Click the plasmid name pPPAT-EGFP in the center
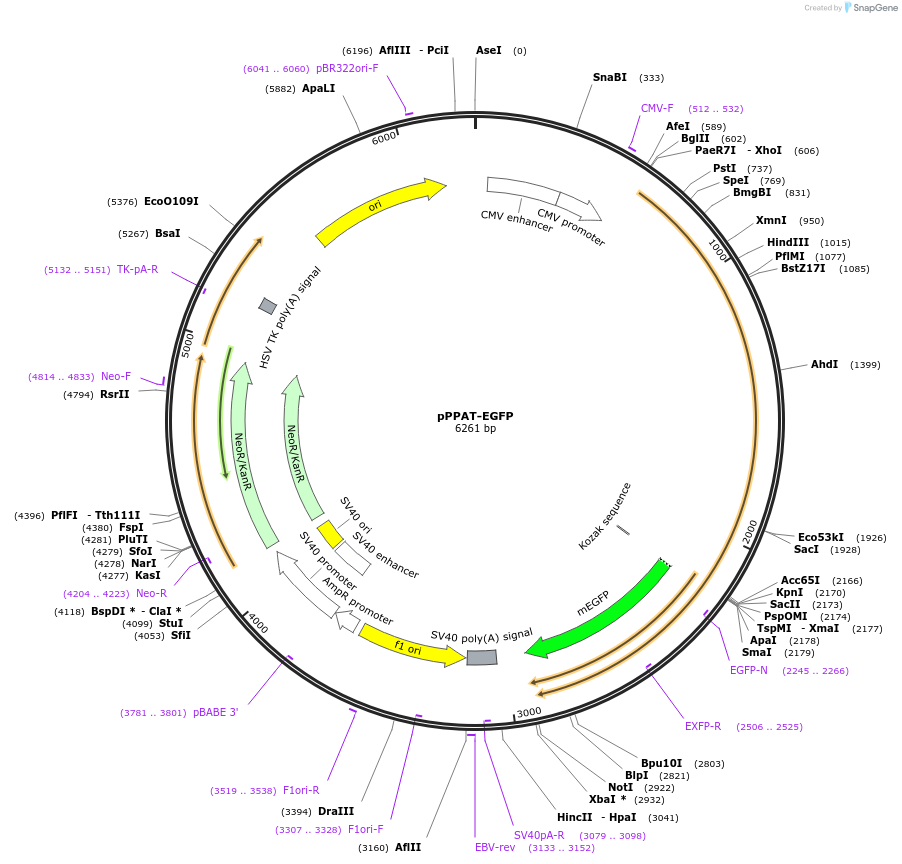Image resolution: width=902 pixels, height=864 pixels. tap(475, 416)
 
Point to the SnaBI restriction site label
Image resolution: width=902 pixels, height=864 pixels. tap(610, 77)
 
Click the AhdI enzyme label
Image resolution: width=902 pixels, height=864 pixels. tap(825, 365)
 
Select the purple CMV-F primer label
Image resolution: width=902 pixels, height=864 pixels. tap(657, 108)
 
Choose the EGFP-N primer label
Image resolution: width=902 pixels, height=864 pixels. tap(749, 670)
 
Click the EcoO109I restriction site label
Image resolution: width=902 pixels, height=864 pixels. tap(171, 201)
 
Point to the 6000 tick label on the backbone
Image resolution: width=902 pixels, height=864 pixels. tap(384, 139)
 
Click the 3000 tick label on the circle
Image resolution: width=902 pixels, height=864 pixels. tap(528, 712)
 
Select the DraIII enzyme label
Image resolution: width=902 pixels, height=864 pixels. tap(336, 811)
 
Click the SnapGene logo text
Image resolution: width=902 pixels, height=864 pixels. tap(875, 8)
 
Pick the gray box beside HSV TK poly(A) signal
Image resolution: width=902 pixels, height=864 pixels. tap(267, 305)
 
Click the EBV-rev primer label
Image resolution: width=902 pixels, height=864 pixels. tap(495, 847)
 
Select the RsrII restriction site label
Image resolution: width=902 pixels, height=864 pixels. tap(114, 394)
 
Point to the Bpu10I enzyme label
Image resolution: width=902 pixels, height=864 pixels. tap(662, 763)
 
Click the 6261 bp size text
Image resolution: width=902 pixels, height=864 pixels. tap(475, 429)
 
